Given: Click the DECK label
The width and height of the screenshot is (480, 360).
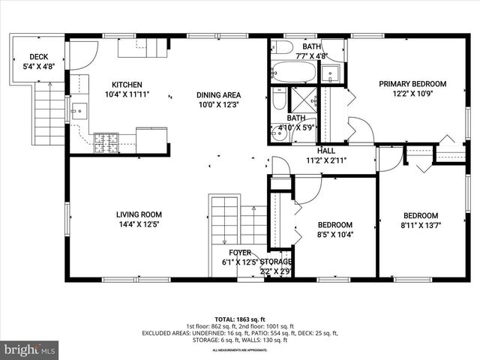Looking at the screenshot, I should pos(38,57).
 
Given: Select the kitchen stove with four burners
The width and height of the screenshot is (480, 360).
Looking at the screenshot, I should pos(106,142).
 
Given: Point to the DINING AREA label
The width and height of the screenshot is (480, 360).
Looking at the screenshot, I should pos(218,94).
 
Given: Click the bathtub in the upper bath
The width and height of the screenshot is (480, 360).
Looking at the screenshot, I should pos(294,73).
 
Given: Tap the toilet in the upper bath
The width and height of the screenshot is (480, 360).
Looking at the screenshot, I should pos(283,47).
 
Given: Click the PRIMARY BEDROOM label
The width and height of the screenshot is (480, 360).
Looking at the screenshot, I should pos(412,84).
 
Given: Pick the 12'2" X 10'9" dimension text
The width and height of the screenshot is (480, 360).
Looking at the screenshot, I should pos(412,94).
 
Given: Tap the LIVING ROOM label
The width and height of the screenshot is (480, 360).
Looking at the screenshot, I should pos(138,214).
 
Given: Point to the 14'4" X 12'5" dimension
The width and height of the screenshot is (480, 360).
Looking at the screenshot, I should pos(138,223).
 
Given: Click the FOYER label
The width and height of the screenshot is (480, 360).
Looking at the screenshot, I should pos(240,253).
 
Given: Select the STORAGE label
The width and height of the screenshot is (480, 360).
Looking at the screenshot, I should pos(276,262).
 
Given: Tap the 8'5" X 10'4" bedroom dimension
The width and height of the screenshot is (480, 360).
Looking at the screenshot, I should pos(334,235).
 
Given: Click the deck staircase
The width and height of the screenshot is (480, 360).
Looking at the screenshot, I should pos(49,113).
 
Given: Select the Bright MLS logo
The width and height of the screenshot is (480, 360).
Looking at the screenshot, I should pos(30,349).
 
